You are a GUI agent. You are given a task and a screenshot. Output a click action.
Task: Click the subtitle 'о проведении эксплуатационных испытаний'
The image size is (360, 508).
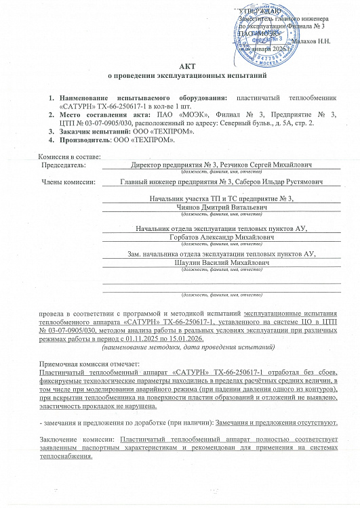(180, 80)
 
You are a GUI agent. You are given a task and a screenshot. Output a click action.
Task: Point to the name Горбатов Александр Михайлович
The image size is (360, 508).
(221, 238)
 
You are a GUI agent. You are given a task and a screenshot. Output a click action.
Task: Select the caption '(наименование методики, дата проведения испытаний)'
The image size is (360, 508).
(187, 347)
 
